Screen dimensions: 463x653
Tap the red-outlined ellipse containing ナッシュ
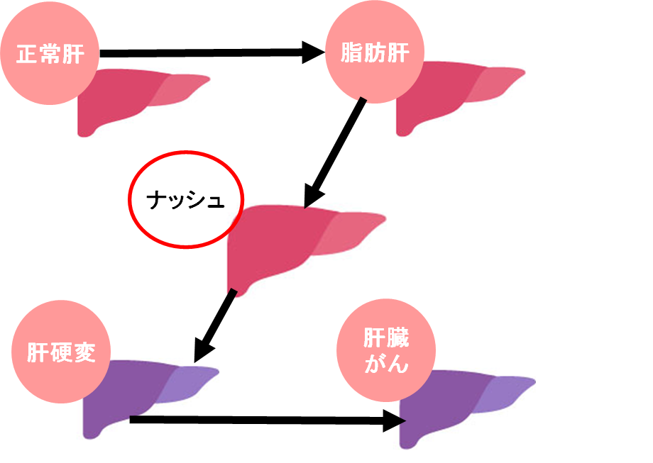tap(185, 200)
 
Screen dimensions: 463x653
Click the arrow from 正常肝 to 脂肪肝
tap(206, 52)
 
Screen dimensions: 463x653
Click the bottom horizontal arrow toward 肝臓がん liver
tap(263, 420)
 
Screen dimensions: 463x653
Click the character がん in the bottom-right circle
tap(387, 364)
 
